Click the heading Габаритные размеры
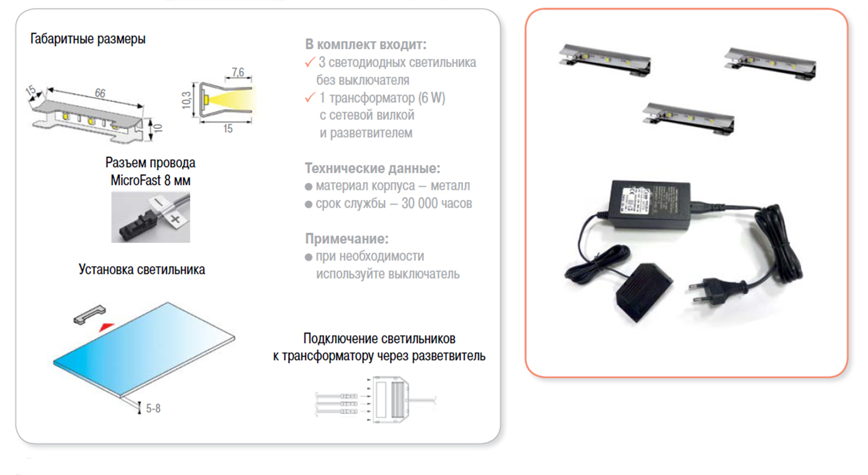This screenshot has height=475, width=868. (88, 39)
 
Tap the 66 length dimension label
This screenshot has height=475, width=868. (100, 93)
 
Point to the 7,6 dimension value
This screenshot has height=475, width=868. (238, 72)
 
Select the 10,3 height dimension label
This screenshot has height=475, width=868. (186, 100)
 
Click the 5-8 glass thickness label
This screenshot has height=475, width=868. (153, 408)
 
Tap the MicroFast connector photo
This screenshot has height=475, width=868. (150, 218)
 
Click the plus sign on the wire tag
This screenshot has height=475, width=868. (175, 219)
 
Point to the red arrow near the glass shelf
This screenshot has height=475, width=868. (106, 327)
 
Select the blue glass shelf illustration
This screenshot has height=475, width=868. (144, 349)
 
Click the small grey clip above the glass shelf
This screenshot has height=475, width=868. (90, 314)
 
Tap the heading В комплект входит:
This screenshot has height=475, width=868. (365, 45)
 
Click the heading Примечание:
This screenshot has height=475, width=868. (347, 239)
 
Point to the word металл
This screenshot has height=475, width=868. (450, 186)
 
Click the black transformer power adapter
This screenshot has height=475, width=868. (650, 205)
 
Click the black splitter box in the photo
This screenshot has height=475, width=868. (644, 291)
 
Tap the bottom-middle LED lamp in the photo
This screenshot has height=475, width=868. (689, 119)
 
